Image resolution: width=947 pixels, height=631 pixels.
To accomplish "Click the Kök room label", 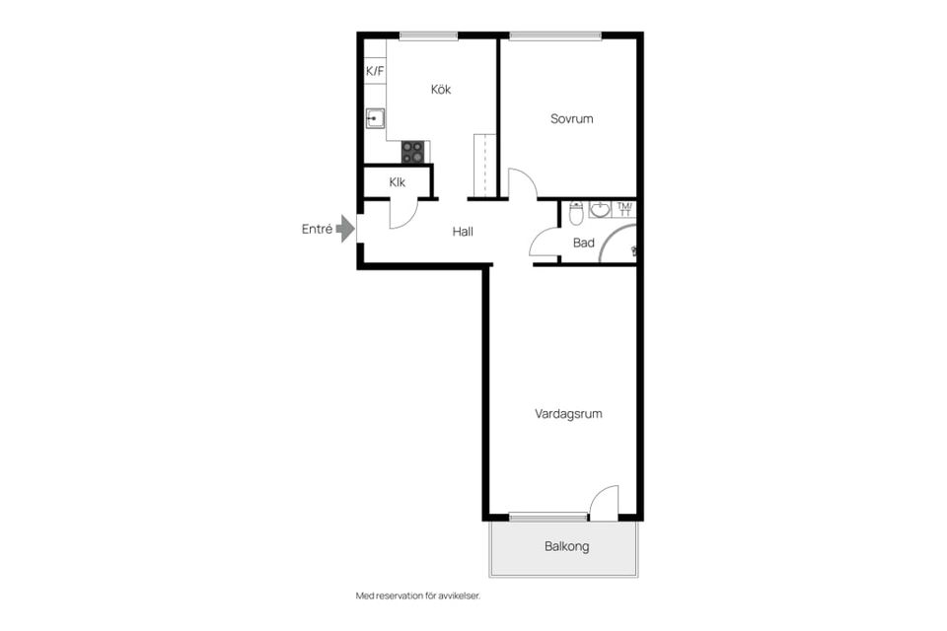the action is coord(441,90).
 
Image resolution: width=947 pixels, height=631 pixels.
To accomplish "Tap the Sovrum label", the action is coord(571,119).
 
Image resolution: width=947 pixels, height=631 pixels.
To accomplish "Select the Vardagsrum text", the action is coord(568,414).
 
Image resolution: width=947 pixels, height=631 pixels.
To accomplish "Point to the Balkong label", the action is coord(566,546).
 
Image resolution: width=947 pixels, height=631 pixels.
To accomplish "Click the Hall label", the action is coord(463,232).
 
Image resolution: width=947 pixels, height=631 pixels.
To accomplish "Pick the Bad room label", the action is coord(583,243).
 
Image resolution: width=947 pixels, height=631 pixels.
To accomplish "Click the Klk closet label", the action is coord(397,182).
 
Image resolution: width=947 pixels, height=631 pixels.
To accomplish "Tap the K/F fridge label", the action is coord(375,71).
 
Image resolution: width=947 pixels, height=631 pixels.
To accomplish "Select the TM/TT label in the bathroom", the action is coord(624,210).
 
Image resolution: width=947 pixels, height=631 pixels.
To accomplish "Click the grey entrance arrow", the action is coord(345,229).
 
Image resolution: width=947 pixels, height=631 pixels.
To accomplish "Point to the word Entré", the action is coord(317,230).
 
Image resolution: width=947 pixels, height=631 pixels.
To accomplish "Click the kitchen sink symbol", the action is coord(375,118).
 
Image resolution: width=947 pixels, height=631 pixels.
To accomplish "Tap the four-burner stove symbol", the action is coord(413,152).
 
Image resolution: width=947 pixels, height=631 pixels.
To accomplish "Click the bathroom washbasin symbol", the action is coord(600,210).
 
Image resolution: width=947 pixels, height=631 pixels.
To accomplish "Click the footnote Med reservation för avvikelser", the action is coord(418,596).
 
